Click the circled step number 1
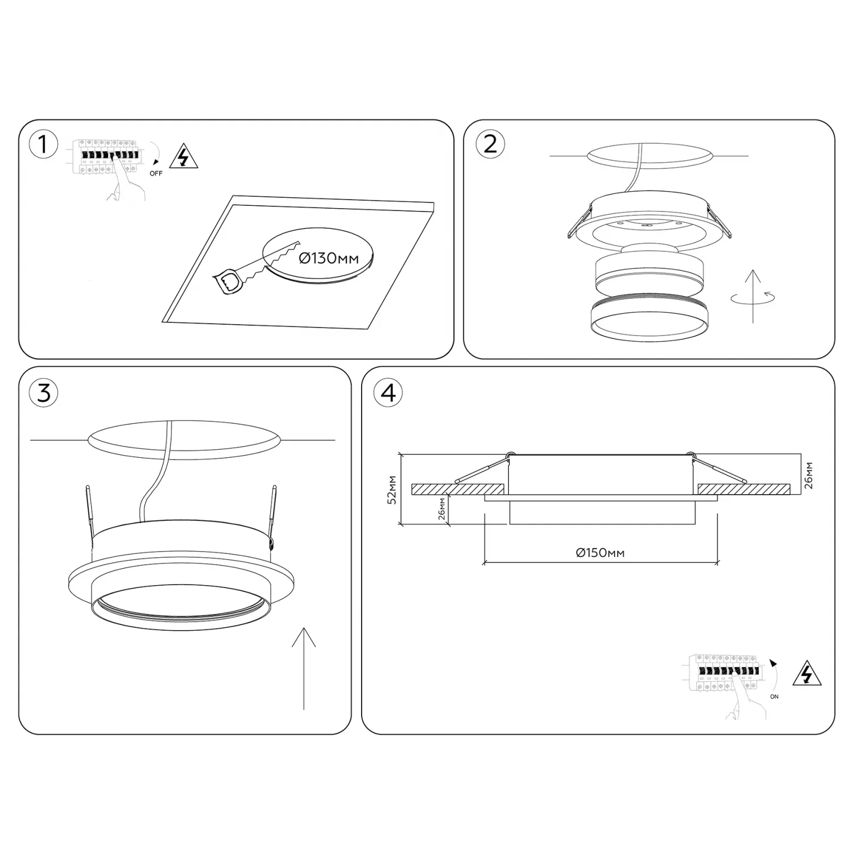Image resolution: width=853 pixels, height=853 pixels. pyautogui.click(x=43, y=145)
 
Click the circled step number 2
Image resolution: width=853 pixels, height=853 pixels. pyautogui.click(x=490, y=143)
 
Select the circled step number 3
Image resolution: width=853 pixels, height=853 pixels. pyautogui.click(x=44, y=392)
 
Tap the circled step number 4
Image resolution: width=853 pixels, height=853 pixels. pyautogui.click(x=388, y=392)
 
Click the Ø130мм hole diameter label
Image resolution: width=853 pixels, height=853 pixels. pyautogui.click(x=329, y=259)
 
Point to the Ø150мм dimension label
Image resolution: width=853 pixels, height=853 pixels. pyautogui.click(x=600, y=553)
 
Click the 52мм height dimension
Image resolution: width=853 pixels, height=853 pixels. pyautogui.click(x=391, y=490)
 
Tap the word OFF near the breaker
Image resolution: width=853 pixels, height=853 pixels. pyautogui.click(x=156, y=173)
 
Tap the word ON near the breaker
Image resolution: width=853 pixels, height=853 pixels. pyautogui.click(x=774, y=697)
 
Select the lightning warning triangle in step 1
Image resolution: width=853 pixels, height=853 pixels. pyautogui.click(x=184, y=157)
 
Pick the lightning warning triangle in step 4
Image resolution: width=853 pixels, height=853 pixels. pyautogui.click(x=807, y=674)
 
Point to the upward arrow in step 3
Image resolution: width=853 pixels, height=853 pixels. pyautogui.click(x=304, y=669)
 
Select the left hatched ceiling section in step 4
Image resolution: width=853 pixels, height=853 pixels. pyautogui.click(x=458, y=490)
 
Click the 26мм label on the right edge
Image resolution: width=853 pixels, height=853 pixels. pyautogui.click(x=809, y=475)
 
